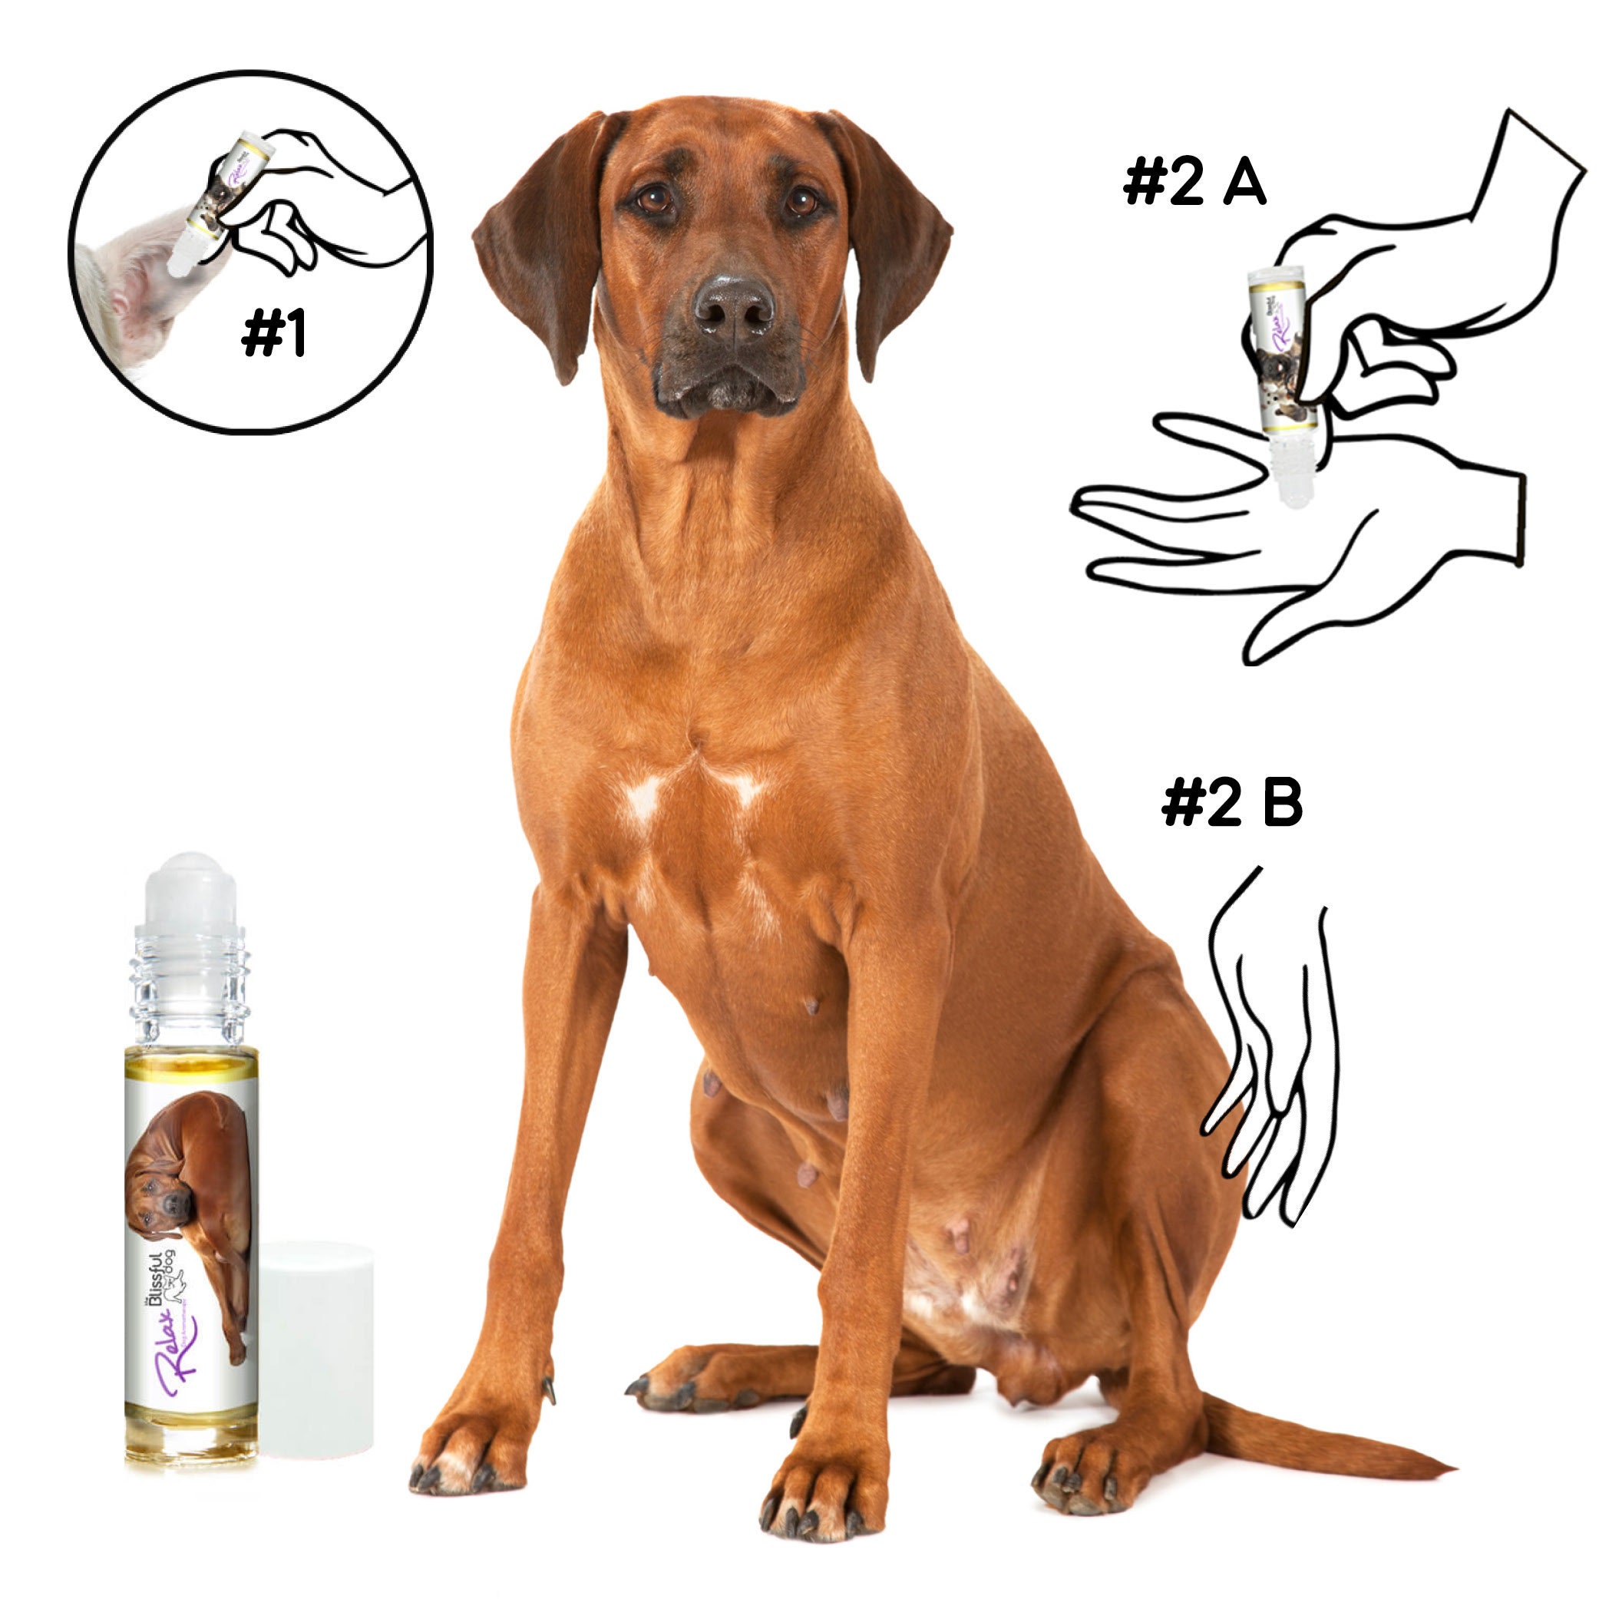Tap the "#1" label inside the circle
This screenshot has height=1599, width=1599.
pyautogui.click(x=274, y=335)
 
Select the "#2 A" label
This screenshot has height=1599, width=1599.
pyautogui.click(x=1194, y=183)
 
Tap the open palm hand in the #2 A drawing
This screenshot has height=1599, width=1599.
pyautogui.click(x=1300, y=538)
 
